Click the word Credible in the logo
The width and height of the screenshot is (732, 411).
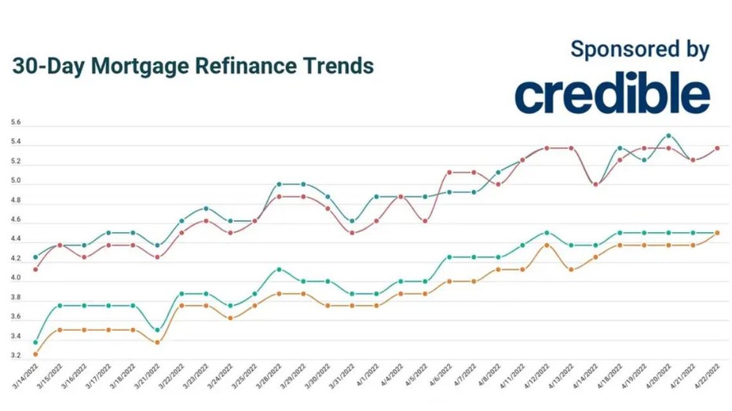coord(613,95)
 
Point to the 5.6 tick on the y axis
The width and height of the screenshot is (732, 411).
coord(16,123)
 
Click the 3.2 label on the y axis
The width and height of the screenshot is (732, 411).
coord(16,356)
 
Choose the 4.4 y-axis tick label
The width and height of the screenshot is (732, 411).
coord(16,240)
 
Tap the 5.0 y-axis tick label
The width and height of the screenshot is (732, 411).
coord(16,181)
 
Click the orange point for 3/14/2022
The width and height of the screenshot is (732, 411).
coord(35,355)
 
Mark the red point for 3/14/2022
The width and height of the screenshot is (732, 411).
coord(35,270)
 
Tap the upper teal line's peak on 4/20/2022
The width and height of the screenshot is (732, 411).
coord(668,136)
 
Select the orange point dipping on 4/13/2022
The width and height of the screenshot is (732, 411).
coord(571,270)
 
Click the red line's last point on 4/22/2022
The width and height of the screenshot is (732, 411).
coord(717,147)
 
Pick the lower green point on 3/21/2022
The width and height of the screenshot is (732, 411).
coord(157,330)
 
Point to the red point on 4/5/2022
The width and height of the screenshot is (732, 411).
coord(425,221)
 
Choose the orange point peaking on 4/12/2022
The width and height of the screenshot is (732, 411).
coord(547,245)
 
